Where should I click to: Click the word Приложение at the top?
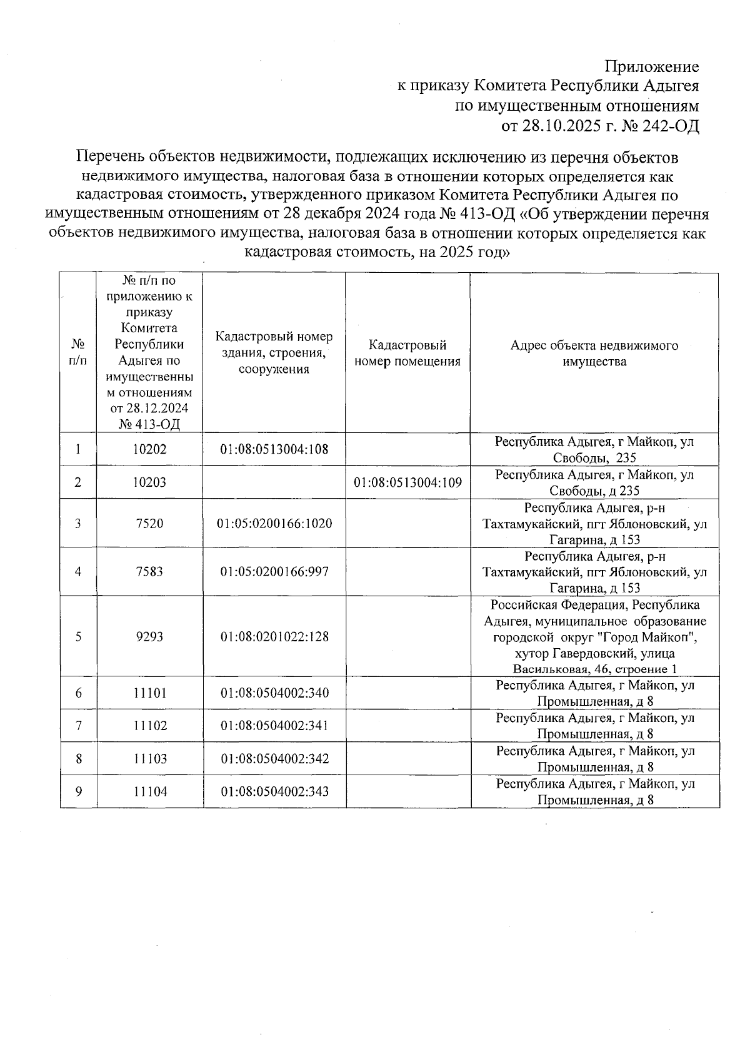tap(652, 67)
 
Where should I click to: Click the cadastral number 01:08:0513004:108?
tap(274, 449)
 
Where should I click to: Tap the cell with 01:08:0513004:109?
tap(407, 482)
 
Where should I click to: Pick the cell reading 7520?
tap(149, 523)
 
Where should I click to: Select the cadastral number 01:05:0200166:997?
tap(274, 571)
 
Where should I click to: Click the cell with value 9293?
tap(149, 636)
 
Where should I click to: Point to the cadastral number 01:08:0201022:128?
tap(274, 636)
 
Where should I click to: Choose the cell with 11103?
tap(150, 759)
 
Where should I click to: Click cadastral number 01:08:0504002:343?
tap(274, 791)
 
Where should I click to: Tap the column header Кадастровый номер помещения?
tap(407, 354)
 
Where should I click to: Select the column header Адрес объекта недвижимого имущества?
tap(594, 354)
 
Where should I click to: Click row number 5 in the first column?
tap(78, 636)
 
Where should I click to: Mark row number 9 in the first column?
tap(78, 791)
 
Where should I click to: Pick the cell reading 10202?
tap(150, 449)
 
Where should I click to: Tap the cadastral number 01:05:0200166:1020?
tap(274, 523)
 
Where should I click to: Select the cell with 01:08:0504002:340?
tap(274, 693)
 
